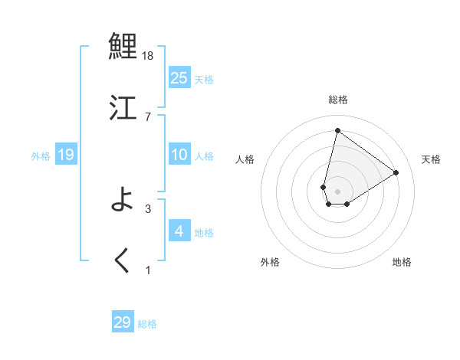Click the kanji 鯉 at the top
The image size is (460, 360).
coord(123,47)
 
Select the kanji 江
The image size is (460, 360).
coord(123,106)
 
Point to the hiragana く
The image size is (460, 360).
coord(123,260)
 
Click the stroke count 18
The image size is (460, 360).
coord(149,56)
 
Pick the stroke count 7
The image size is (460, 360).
coord(147,116)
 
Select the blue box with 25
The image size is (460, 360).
coord(179,78)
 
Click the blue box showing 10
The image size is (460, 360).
coord(179,155)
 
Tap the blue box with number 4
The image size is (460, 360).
coord(179,231)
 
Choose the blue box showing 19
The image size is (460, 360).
coord(65,155)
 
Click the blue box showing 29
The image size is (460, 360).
coord(123,322)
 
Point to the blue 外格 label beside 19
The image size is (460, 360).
coord(41,156)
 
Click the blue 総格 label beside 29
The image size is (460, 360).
coord(147,324)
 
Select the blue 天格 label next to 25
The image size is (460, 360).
coord(204,80)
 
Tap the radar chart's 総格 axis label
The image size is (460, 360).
coord(338,100)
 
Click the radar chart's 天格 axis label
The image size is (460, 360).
coord(432,159)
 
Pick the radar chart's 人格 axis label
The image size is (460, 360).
coord(245,159)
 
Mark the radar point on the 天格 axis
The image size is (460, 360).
coord(396,172)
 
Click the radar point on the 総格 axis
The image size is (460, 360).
coord(337,130)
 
